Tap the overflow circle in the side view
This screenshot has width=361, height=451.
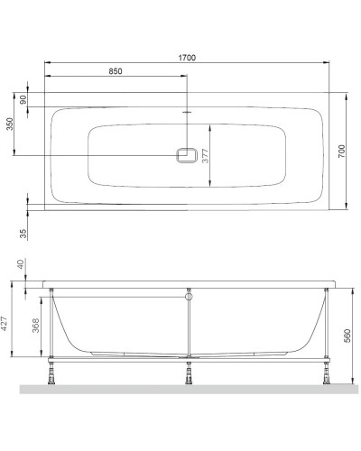click(189, 295)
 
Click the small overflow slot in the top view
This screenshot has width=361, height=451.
click(188, 114)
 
